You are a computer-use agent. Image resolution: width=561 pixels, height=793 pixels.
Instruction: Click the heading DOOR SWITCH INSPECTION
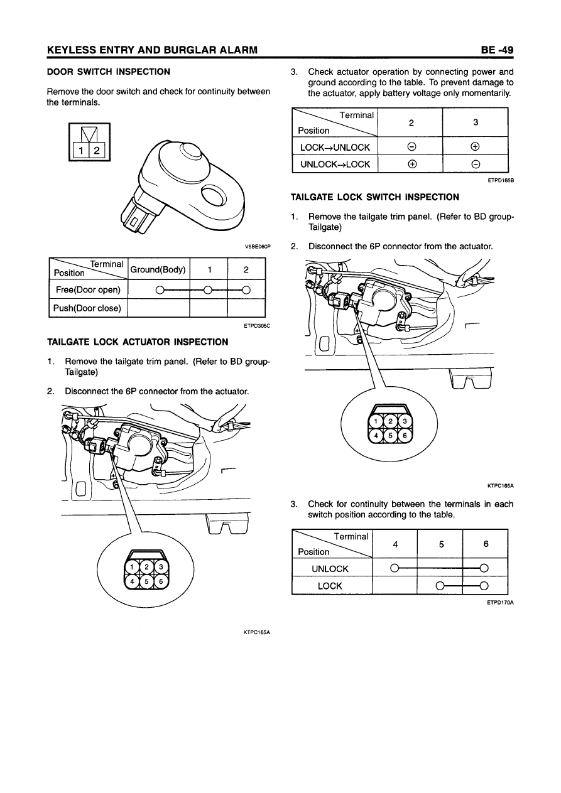(x=109, y=72)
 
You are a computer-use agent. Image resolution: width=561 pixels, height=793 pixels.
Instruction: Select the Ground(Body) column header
(x=158, y=270)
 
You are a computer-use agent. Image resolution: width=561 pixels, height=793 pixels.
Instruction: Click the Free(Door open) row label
(x=87, y=289)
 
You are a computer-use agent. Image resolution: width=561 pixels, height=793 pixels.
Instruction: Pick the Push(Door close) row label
(x=87, y=308)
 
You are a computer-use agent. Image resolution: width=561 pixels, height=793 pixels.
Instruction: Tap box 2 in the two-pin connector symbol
(x=100, y=151)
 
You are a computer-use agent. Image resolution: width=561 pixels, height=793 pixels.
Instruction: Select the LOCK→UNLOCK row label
(x=335, y=148)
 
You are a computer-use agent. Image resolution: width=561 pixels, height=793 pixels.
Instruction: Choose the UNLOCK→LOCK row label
(x=335, y=165)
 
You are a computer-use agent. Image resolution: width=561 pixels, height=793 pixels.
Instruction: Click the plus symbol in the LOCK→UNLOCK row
(x=476, y=148)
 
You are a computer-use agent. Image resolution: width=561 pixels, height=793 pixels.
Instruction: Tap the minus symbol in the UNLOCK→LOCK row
(x=476, y=165)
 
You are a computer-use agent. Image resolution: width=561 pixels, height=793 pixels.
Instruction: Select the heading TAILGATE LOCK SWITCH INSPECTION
(x=375, y=197)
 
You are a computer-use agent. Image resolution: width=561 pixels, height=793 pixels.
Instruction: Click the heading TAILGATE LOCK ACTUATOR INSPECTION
(x=138, y=342)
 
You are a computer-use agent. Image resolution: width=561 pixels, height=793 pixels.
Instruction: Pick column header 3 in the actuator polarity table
(x=476, y=123)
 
